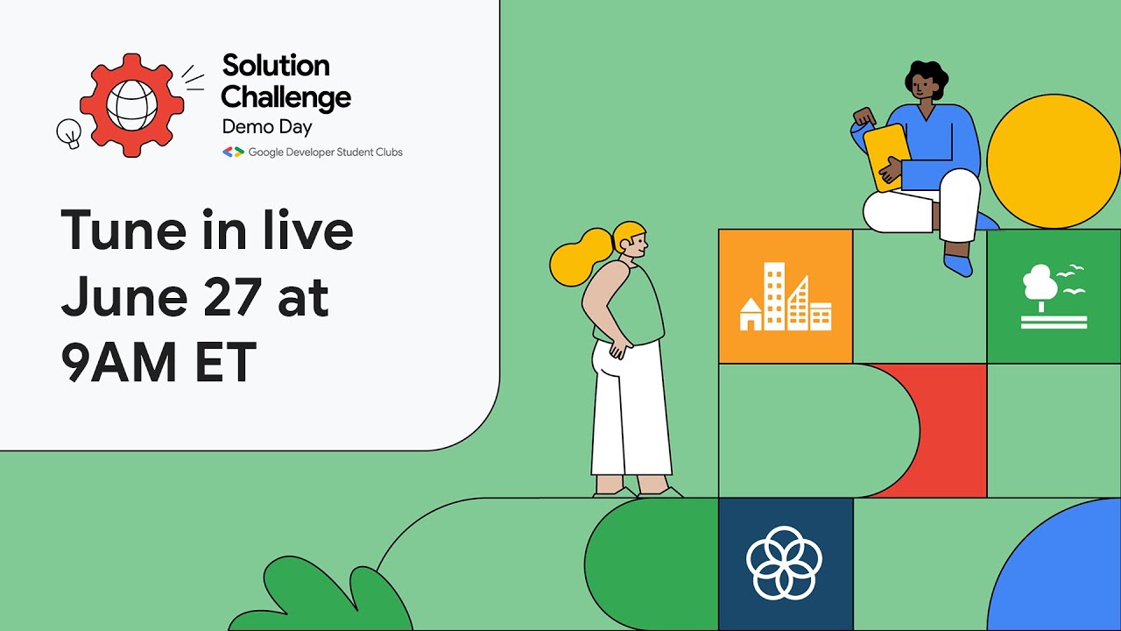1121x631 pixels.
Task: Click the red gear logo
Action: point(131,105)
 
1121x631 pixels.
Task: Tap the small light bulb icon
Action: point(68,133)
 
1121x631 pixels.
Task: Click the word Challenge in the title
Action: point(286,98)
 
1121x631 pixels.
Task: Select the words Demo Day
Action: point(266,127)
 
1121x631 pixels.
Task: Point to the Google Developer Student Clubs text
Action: point(325,152)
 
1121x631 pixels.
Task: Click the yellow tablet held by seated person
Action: point(886,157)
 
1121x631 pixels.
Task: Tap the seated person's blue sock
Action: point(958,263)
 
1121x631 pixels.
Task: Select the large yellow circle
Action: point(1054,161)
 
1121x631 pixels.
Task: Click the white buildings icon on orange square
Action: point(786,297)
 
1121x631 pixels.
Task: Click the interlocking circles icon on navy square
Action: point(785,563)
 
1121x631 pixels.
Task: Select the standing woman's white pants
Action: point(629,412)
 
